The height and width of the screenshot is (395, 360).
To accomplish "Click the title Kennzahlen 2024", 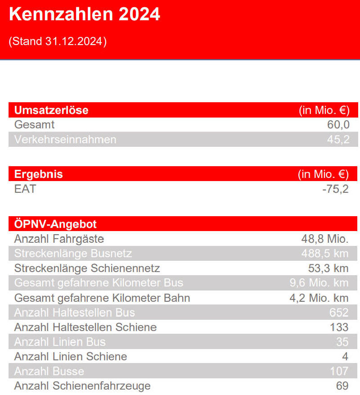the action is click(85, 14).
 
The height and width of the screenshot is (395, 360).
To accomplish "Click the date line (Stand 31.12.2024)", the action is click(58, 41).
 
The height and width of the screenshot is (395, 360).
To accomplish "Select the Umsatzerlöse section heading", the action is click(51, 110).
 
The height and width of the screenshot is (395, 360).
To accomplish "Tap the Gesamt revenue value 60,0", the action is click(338, 125).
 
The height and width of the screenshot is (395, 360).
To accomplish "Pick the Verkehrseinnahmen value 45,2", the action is click(338, 139).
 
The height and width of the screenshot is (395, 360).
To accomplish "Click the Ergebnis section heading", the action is click(39, 174).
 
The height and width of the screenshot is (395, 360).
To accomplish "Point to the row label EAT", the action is click(25, 189).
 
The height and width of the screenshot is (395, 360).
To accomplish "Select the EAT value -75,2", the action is click(335, 189).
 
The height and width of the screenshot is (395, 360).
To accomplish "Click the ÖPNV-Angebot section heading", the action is click(55, 224).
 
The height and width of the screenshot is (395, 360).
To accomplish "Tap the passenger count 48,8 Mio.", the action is click(325, 239).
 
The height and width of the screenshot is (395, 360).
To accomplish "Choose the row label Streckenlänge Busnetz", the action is click(73, 254).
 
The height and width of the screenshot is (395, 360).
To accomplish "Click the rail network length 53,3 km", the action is click(328, 268).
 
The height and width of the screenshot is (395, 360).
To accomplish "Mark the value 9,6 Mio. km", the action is click(319, 283).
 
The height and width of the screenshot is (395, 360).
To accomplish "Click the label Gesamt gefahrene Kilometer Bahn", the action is click(102, 298).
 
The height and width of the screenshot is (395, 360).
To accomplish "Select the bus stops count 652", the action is click(339, 313).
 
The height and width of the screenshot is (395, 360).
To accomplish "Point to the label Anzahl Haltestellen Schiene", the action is click(85, 327).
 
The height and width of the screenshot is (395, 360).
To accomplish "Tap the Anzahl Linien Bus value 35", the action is click(342, 342).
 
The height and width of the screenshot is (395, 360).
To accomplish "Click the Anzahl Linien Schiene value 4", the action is click(345, 356).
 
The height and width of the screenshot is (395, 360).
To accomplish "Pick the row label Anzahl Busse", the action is click(49, 371).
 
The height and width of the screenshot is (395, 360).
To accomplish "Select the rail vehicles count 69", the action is click(342, 386).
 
